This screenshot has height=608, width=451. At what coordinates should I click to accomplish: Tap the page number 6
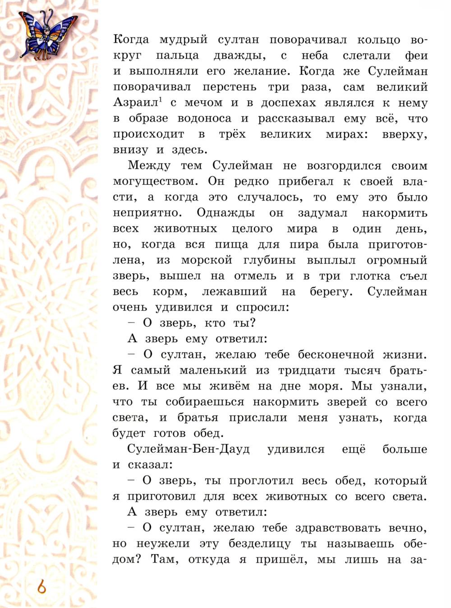41,587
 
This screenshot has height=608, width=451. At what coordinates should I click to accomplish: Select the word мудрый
184,40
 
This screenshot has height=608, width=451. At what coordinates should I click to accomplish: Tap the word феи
414,56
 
